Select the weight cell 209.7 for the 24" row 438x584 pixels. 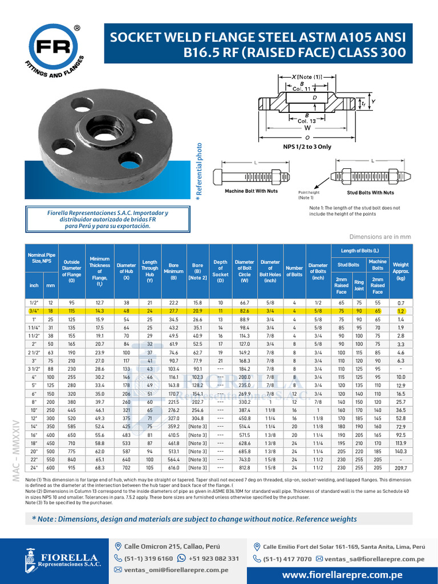click(x=400, y=468)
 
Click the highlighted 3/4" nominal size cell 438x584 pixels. click(x=33, y=311)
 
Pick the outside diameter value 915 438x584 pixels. click(x=72, y=468)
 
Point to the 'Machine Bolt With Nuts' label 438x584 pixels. click(x=251, y=191)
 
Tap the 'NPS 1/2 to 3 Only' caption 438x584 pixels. click(x=307, y=147)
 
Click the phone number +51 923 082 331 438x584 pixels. click(x=213, y=558)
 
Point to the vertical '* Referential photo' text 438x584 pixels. click(x=199, y=171)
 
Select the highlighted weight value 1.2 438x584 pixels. click(x=400, y=312)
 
